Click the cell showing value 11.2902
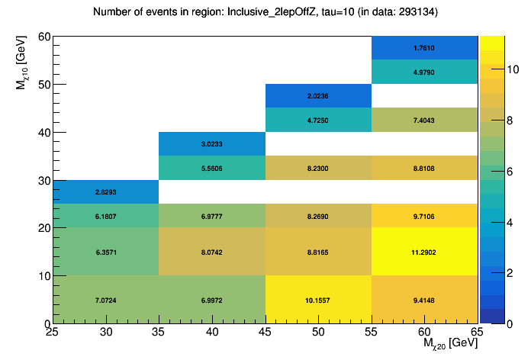point(425,252)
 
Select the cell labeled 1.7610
point(425,47)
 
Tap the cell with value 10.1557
point(318,299)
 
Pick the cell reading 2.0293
point(106,192)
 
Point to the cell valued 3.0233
point(212,143)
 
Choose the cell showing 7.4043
point(425,120)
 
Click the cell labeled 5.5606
point(212,168)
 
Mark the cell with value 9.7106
point(425,216)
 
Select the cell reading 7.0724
point(106,299)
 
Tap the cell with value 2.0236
point(318,95)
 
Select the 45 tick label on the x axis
point(265,332)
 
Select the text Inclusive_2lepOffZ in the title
point(270,12)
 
